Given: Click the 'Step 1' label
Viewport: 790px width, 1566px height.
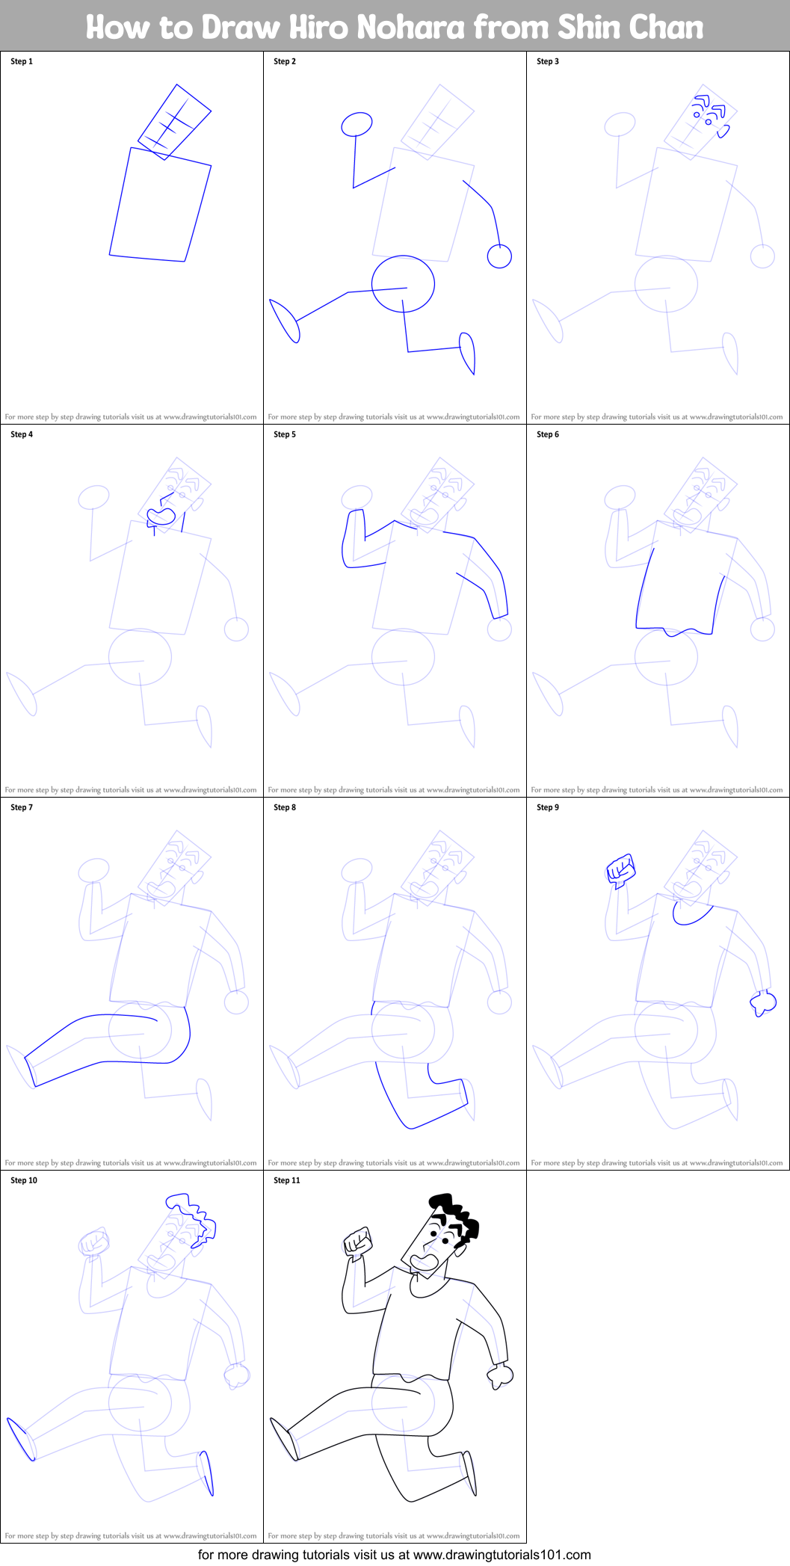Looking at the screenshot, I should point(22,61).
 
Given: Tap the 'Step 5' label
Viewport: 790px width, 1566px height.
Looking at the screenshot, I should point(285,434).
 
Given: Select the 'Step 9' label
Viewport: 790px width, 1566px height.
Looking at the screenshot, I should point(548,807).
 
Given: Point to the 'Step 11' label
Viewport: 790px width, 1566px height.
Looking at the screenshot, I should point(287,1180).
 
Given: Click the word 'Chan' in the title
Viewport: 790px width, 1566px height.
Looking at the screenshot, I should point(664,28).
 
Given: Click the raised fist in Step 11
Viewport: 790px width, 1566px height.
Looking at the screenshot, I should point(358,1242).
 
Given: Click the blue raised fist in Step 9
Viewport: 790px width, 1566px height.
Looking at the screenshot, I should point(621,869).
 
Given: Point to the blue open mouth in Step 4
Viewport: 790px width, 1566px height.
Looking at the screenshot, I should point(161,516).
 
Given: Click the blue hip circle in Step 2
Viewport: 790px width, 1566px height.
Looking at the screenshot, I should point(404,284).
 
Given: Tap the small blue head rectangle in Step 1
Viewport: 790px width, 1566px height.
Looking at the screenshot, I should point(175,122).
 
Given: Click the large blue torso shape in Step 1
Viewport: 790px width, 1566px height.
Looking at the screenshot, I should point(160,205).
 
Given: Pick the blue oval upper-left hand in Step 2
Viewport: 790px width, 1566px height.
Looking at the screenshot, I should point(357,124).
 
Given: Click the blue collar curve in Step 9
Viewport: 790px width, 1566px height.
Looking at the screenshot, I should point(691,918).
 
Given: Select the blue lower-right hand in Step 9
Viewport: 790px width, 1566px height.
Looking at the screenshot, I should point(763,1003).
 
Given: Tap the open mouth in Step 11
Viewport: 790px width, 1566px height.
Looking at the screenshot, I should point(425,1262).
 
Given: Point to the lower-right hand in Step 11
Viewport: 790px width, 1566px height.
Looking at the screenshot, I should point(500,1375).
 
